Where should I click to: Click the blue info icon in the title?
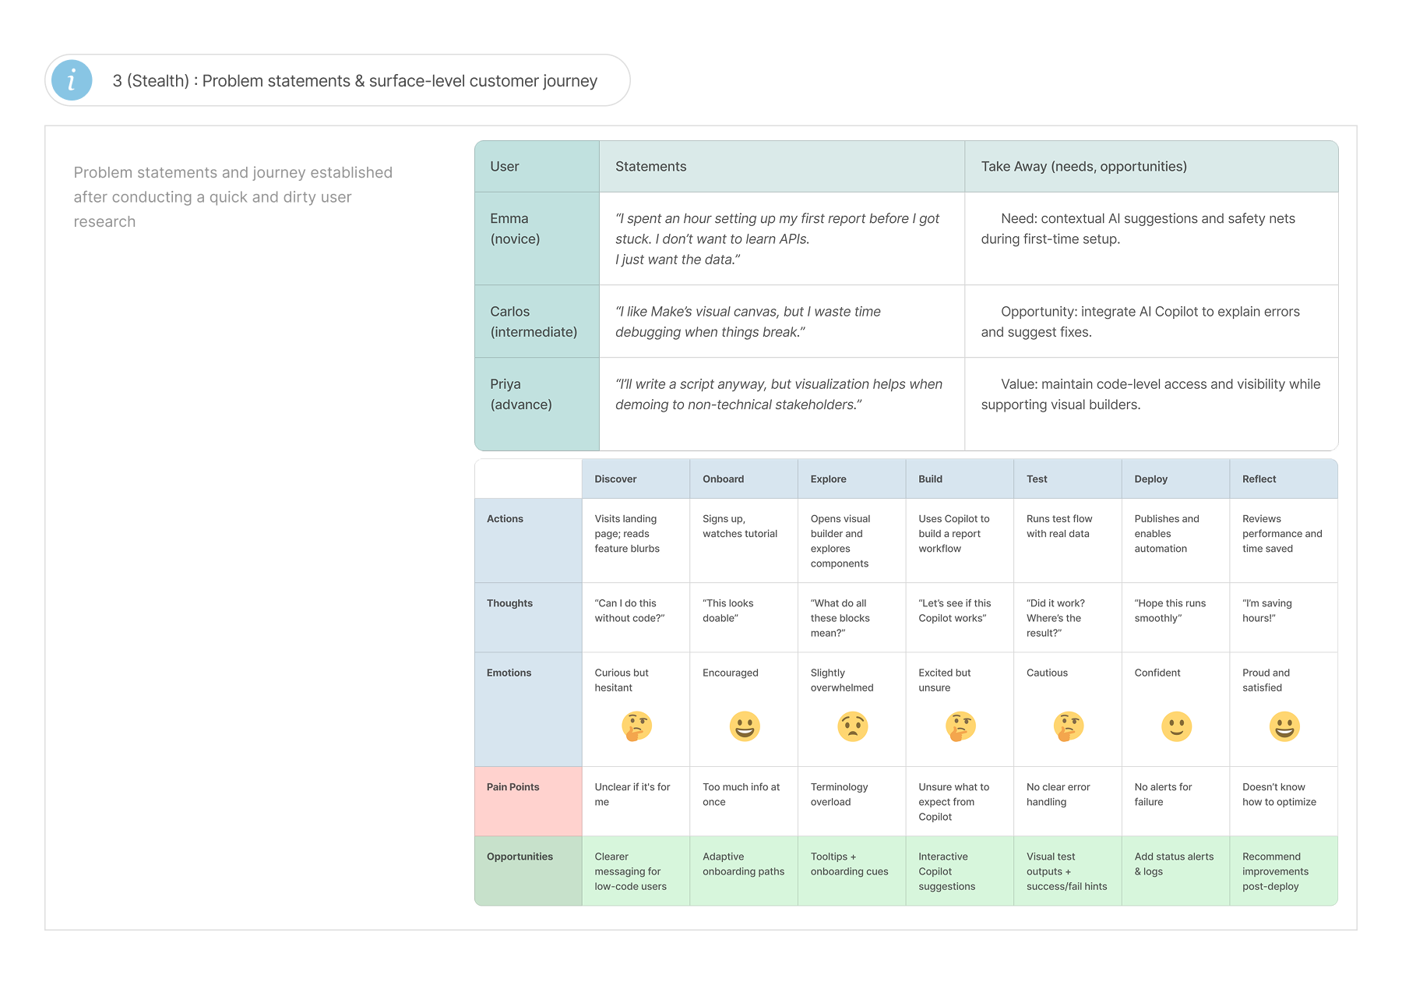coord(72,80)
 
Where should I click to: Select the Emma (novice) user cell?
coord(537,238)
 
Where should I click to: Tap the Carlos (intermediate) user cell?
coord(537,321)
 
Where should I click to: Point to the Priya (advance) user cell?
coord(537,404)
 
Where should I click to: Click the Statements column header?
coord(782,167)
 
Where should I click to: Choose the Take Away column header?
coord(1151,167)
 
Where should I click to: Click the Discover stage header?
coord(636,479)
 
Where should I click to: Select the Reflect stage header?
coord(1284,479)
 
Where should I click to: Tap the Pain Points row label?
coord(528,801)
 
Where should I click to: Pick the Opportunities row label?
coord(528,871)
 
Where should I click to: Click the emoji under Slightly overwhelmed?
coord(852,726)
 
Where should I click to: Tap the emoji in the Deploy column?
coord(1176,726)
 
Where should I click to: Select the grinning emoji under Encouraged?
coord(745,726)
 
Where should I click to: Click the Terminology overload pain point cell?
coord(852,801)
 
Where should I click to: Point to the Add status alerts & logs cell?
coord(1176,871)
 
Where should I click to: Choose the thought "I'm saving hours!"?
coord(1267,610)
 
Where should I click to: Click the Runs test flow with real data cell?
coord(1068,540)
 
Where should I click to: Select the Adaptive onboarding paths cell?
coord(744,871)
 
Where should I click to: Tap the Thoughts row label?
coord(528,617)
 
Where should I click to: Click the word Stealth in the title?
coord(158,81)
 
